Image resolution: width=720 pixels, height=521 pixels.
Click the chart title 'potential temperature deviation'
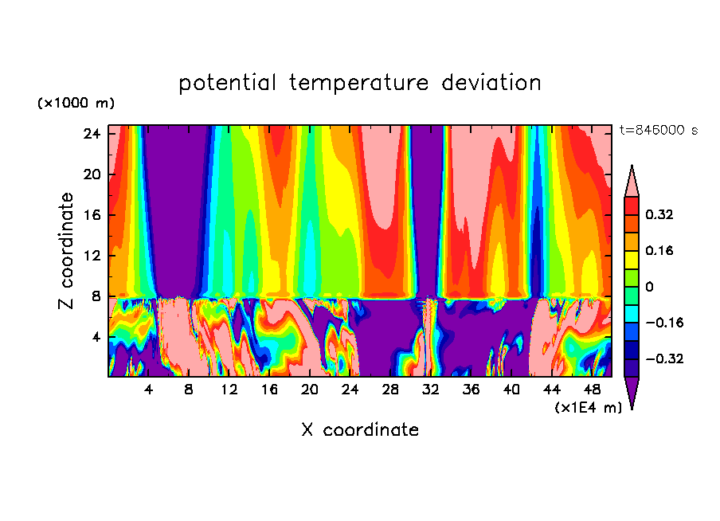359,83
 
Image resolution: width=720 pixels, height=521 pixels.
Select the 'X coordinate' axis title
359,430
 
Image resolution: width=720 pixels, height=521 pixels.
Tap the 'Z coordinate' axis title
67,251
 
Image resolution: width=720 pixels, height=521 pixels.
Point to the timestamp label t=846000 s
658,131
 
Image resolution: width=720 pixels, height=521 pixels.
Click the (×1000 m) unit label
76,104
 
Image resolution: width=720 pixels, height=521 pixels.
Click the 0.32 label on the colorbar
660,214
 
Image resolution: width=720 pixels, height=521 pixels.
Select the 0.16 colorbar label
660,250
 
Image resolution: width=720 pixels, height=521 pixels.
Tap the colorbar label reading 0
649,287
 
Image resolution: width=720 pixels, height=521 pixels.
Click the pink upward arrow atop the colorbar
632,180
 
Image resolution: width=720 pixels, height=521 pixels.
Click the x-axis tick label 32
431,390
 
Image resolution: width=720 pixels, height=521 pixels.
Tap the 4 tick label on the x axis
148,390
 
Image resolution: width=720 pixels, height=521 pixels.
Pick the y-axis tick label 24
92,134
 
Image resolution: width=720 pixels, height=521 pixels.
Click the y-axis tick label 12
92,256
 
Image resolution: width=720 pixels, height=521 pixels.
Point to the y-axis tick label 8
96,296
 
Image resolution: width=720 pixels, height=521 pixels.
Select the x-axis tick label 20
310,390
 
